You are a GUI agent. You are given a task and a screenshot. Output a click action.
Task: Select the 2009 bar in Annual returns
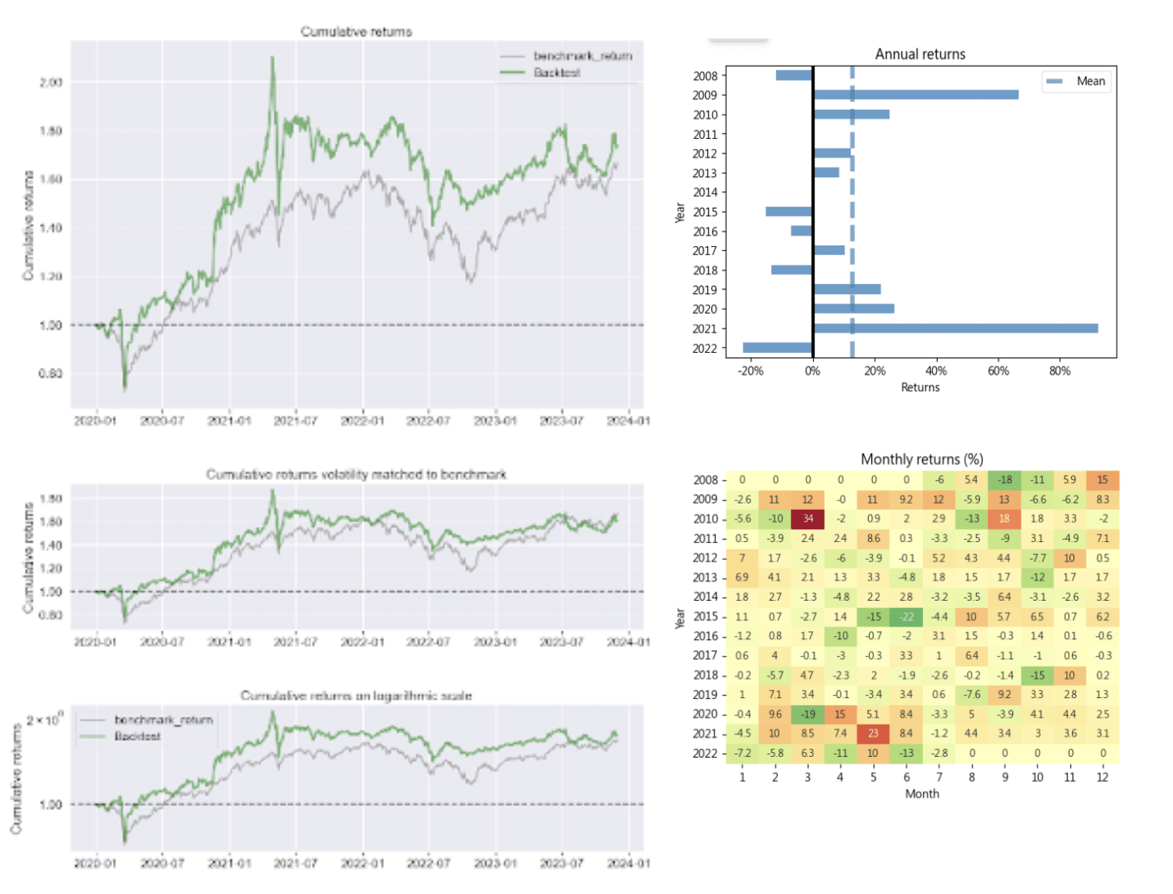tap(916, 95)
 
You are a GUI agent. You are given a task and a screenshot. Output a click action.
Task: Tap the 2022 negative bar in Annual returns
tap(777, 347)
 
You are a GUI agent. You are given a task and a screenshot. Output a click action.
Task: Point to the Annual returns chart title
tap(920, 54)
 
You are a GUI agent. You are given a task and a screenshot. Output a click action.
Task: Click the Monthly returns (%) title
tap(921, 460)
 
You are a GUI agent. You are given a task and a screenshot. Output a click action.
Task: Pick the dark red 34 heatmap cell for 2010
tap(808, 518)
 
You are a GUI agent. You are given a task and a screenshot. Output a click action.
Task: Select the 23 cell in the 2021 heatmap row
tap(873, 733)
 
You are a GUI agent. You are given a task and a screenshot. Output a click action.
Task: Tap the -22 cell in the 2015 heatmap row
tap(906, 616)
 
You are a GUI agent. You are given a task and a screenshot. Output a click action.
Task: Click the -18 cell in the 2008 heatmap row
tap(1004, 480)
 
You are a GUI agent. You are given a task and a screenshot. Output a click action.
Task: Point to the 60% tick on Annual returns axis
tap(998, 371)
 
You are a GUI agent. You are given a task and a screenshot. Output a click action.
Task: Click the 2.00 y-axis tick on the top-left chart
tap(51, 82)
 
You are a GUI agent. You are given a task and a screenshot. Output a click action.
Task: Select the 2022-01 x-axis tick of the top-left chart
tap(362, 421)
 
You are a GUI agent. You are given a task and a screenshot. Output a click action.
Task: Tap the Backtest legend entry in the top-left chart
tap(556, 73)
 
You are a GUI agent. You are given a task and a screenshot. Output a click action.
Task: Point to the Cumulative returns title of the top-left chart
tap(356, 31)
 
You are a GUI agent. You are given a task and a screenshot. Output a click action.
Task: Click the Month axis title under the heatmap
tap(921, 794)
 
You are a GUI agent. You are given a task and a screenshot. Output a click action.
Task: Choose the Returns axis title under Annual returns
tap(920, 387)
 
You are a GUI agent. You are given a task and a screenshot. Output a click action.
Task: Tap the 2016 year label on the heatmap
tap(705, 636)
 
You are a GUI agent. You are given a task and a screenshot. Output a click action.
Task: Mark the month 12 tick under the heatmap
tap(1102, 777)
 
